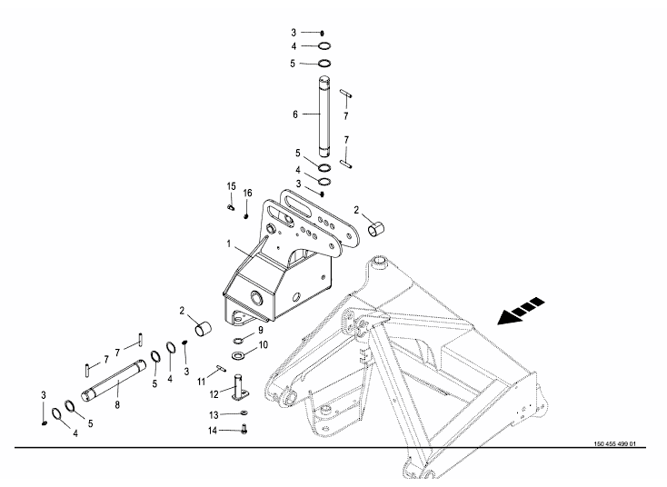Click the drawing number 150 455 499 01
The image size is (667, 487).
pyautogui.click(x=614, y=444)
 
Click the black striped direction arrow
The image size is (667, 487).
pyautogui.click(x=521, y=311)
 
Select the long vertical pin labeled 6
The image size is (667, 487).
pyautogui.click(x=324, y=116)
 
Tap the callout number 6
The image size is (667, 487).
pyautogui.click(x=295, y=114)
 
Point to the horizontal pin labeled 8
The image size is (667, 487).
pyautogui.click(x=114, y=381)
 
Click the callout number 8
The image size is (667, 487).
pyautogui.click(x=117, y=405)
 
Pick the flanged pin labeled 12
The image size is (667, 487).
pyautogui.click(x=239, y=387)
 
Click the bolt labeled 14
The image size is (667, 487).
pyautogui.click(x=244, y=430)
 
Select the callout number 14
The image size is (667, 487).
pyautogui.click(x=213, y=431)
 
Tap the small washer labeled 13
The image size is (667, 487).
pyautogui.click(x=244, y=412)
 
